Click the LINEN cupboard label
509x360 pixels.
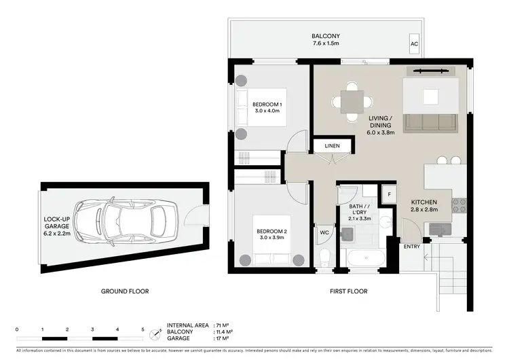(x=332, y=146)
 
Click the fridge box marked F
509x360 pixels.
(x=389, y=194)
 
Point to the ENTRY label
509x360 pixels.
(x=411, y=247)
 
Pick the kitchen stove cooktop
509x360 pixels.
(x=459, y=204)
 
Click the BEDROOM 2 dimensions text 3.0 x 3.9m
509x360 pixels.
(x=273, y=238)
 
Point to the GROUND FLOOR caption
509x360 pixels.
(x=125, y=291)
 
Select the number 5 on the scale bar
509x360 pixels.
(x=143, y=329)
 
